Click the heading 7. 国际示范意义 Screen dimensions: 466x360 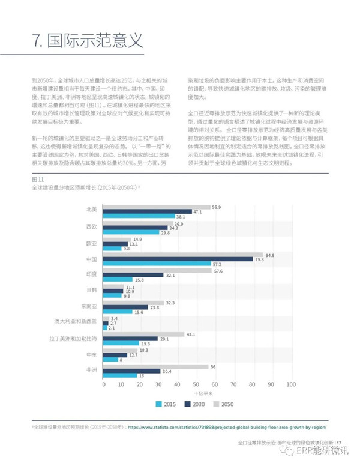coord(88,41)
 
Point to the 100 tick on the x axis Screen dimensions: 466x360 coord(292,383)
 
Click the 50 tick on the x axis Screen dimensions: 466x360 coord(197,383)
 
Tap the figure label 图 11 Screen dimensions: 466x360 coord(38,180)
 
